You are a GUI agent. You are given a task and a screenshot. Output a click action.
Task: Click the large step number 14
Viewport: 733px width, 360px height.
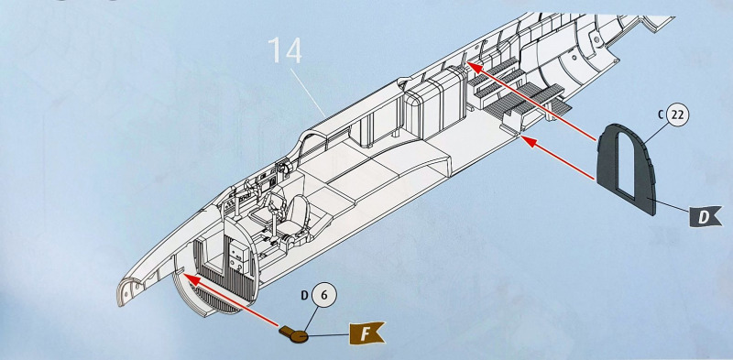pos(285,51)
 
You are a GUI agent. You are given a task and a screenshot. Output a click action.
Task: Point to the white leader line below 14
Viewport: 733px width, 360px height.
pos(309,93)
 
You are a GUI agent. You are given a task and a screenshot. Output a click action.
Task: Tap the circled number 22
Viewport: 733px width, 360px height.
pos(677,115)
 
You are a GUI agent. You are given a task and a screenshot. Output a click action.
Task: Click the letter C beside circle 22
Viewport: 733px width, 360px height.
pos(660,115)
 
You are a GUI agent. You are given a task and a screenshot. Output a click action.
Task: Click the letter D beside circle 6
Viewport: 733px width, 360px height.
pos(304,296)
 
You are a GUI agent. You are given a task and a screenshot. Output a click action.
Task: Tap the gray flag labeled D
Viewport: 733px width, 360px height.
pos(704,217)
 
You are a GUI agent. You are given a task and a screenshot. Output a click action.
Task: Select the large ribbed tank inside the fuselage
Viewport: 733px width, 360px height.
pos(432,105)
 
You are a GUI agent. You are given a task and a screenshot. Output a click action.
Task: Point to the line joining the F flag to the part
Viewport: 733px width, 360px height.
pos(328,334)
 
